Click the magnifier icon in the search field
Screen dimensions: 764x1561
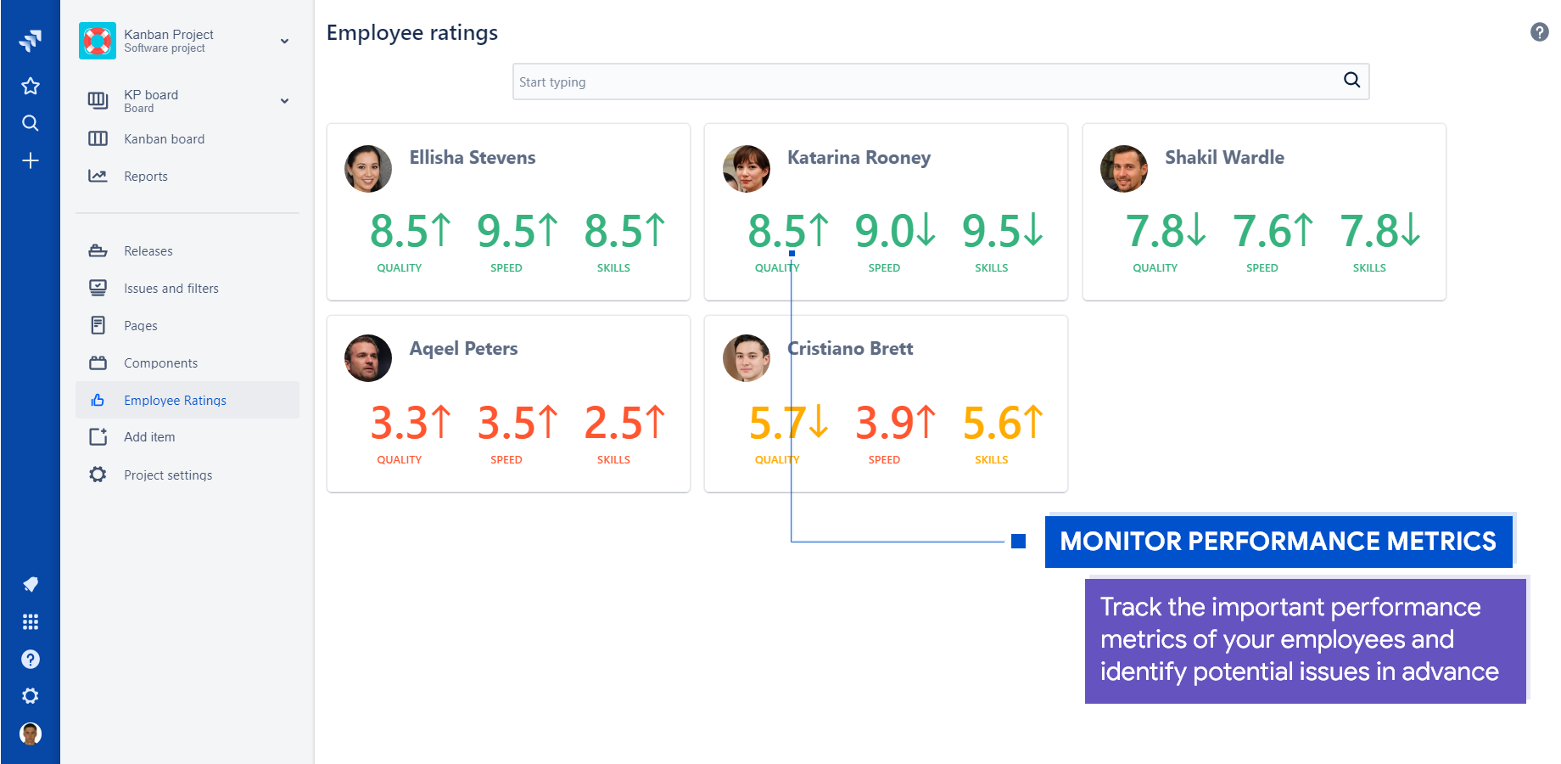[1351, 80]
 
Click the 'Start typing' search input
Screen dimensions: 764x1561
[925, 82]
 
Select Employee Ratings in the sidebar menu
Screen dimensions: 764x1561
[175, 401]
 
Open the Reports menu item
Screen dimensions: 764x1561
[145, 177]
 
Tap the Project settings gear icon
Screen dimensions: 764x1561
[98, 475]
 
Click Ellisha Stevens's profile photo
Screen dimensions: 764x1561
[368, 168]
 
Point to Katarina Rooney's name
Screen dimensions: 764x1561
[859, 158]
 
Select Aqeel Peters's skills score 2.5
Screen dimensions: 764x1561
[613, 423]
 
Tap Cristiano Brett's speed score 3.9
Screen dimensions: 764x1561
[884, 423]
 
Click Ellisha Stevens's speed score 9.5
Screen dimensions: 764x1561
[506, 231]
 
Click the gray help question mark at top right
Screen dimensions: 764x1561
[1539, 32]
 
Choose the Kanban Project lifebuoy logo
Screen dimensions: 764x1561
[98, 41]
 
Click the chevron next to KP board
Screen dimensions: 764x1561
[284, 101]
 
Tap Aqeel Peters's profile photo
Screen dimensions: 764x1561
[368, 358]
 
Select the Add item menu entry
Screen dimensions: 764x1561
[149, 437]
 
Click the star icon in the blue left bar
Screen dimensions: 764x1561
[31, 86]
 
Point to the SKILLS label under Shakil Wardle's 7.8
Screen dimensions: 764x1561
[1369, 268]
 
